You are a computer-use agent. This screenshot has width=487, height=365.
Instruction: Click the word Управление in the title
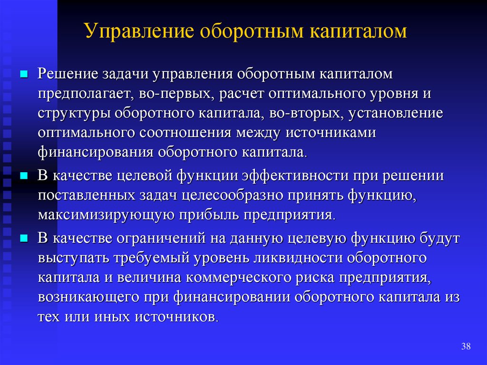coord(139,31)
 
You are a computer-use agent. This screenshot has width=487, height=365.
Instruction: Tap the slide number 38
coord(466,346)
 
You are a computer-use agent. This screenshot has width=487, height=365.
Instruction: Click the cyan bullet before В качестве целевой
coord(24,176)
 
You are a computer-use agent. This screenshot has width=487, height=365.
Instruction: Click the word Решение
coord(68,74)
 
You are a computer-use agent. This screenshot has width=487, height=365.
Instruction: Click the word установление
coord(395,113)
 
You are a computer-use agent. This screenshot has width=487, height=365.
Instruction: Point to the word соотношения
coord(185,133)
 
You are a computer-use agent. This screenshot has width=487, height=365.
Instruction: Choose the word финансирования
coord(96,152)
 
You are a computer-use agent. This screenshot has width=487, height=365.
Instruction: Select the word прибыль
coord(209,215)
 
